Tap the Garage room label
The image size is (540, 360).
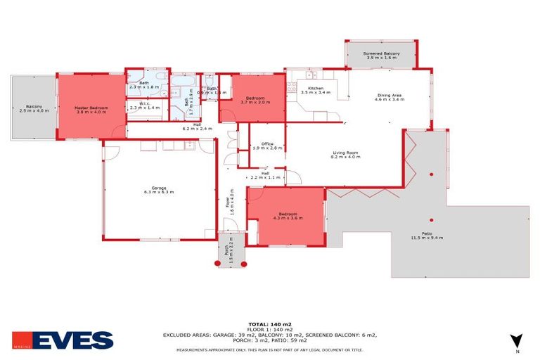pos(159,188)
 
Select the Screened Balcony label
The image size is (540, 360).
pos(381,56)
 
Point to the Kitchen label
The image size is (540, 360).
pos(315,90)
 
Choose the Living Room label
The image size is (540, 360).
pos(345,155)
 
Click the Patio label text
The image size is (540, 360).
pos(427,236)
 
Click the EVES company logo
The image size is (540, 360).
pos(63,340)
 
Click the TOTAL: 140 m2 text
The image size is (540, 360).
pos(270,323)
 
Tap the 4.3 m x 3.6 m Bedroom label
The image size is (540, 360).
pos(288,216)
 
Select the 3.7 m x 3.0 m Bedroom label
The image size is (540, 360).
pos(254,100)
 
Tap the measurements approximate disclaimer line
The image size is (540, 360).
pos(270,349)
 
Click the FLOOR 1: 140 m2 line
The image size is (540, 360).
pos(270,329)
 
